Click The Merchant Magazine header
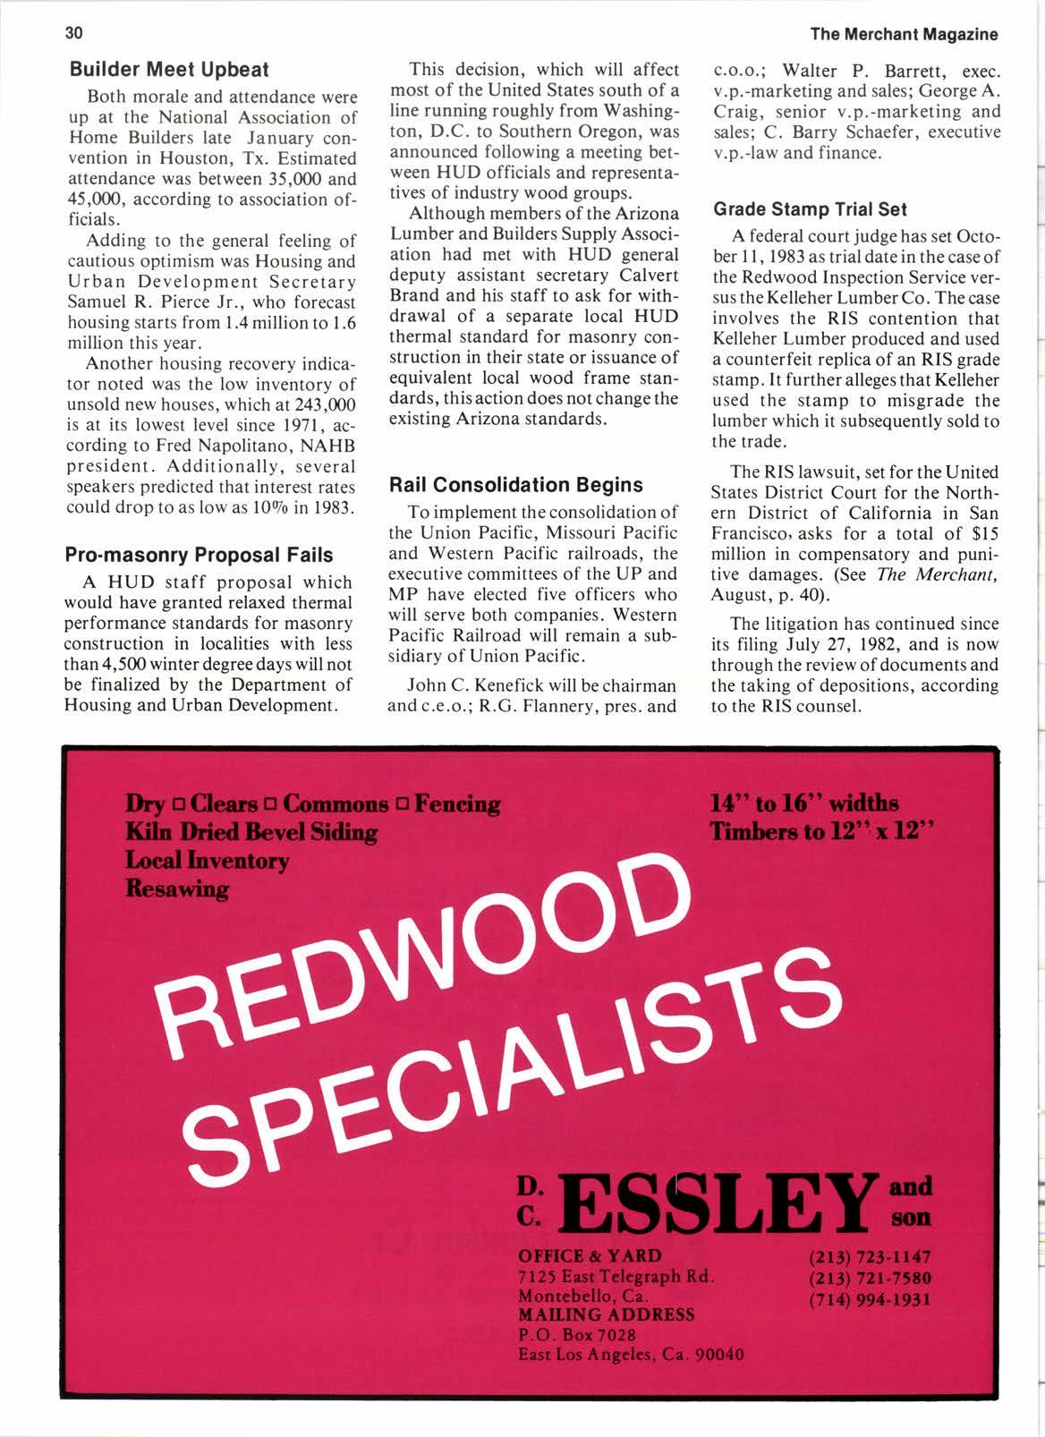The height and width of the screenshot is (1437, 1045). pyautogui.click(x=904, y=35)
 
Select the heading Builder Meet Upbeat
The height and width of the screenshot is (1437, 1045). pyautogui.click(x=167, y=69)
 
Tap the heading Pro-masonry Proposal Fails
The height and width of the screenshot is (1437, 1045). pyautogui.click(x=199, y=555)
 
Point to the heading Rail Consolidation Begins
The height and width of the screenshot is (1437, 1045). pyautogui.click(x=515, y=485)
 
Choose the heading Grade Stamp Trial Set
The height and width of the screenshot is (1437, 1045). pyautogui.click(x=809, y=209)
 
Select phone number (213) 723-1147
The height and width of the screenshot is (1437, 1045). pyautogui.click(x=869, y=1257)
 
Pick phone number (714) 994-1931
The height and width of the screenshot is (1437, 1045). pyautogui.click(x=869, y=1298)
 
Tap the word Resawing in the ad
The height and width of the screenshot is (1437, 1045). pyautogui.click(x=177, y=889)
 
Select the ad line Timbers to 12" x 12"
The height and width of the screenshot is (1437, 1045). pyautogui.click(x=821, y=831)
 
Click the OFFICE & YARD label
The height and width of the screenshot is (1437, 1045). pyautogui.click(x=590, y=1255)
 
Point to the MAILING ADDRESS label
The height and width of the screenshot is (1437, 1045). pyautogui.click(x=606, y=1314)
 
